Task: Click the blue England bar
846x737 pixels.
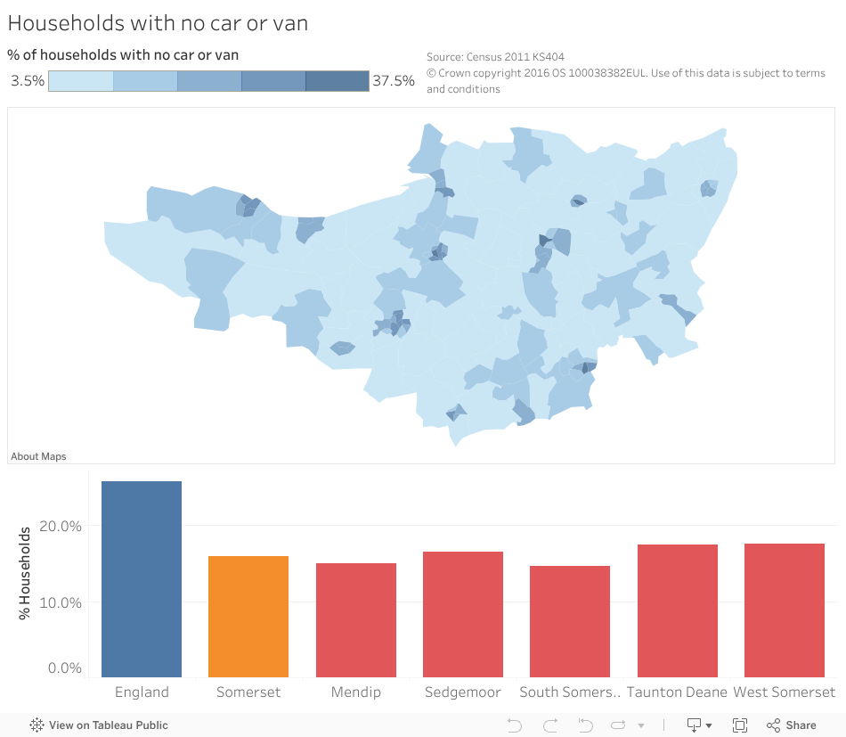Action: [x=142, y=579]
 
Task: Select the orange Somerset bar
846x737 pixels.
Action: [x=248, y=617]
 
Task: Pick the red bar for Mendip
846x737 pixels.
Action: [x=355, y=620]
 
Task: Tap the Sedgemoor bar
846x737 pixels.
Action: [x=462, y=614]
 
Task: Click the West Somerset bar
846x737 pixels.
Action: [x=784, y=610]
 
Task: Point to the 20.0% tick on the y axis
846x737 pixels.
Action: [x=61, y=526]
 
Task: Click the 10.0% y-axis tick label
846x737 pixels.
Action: [x=61, y=602]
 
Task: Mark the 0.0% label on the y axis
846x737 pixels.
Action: [x=64, y=668]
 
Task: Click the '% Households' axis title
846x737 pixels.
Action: [x=25, y=573]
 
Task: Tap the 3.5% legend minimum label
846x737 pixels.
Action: [x=28, y=81]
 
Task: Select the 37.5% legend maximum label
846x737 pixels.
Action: [x=393, y=81]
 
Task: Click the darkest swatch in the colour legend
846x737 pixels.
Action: [x=337, y=81]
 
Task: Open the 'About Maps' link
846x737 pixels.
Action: [x=38, y=456]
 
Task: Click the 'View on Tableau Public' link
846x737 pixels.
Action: [x=99, y=725]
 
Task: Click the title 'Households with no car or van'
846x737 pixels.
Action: [x=158, y=23]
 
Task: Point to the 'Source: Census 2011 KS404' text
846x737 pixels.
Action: [x=495, y=57]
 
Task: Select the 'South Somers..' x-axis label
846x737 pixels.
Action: [x=569, y=692]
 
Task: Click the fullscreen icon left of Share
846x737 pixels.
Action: [x=740, y=725]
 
